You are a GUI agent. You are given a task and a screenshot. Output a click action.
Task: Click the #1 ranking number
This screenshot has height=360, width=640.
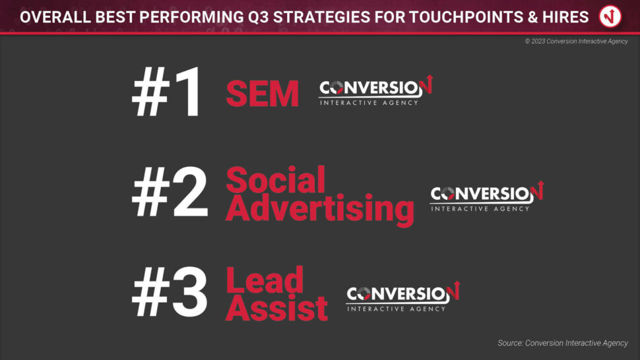(x=166, y=92)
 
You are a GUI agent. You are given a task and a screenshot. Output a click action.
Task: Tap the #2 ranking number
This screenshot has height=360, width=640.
(x=170, y=191)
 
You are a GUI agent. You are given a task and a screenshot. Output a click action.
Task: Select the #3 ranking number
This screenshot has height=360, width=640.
(x=170, y=292)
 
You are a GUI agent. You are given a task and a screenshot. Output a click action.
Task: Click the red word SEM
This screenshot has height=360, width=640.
(x=263, y=94)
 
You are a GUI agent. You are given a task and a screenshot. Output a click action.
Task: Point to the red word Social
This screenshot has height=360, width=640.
(x=276, y=179)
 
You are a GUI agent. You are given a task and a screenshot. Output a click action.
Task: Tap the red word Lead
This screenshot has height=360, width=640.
(x=265, y=280)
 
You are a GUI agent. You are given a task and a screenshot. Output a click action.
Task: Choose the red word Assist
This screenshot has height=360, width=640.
(x=276, y=308)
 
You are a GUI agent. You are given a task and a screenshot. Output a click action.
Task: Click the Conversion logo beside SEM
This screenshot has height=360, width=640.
(x=375, y=90)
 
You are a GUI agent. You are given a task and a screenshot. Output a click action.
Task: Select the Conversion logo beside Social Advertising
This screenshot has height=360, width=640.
(x=487, y=196)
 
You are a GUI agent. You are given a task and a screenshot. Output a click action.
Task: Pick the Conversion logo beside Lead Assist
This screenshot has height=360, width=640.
(x=403, y=297)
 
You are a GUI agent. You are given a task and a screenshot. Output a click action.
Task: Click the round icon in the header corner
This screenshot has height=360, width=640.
(x=610, y=16)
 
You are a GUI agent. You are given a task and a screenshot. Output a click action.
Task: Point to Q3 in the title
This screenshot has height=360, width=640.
(x=259, y=18)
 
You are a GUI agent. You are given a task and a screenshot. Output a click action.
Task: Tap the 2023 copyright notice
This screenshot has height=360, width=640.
(x=576, y=41)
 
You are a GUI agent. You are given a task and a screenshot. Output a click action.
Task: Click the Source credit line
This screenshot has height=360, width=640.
(x=563, y=343)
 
